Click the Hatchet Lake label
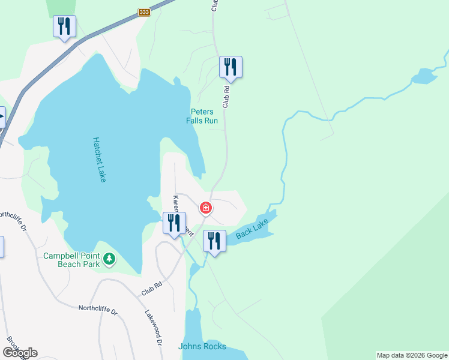tap(99, 160)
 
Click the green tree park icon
tap(109, 259)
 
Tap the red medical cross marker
tap(206, 208)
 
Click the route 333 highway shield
tap(143, 12)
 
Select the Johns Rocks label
tap(202, 346)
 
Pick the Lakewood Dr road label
tap(154, 328)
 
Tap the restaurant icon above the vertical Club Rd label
tap(231, 67)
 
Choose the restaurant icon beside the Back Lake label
tap(214, 241)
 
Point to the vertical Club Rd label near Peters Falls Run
tap(226, 96)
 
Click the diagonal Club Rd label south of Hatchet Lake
tap(152, 289)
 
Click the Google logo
tap(20, 352)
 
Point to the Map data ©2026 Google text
tap(411, 355)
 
